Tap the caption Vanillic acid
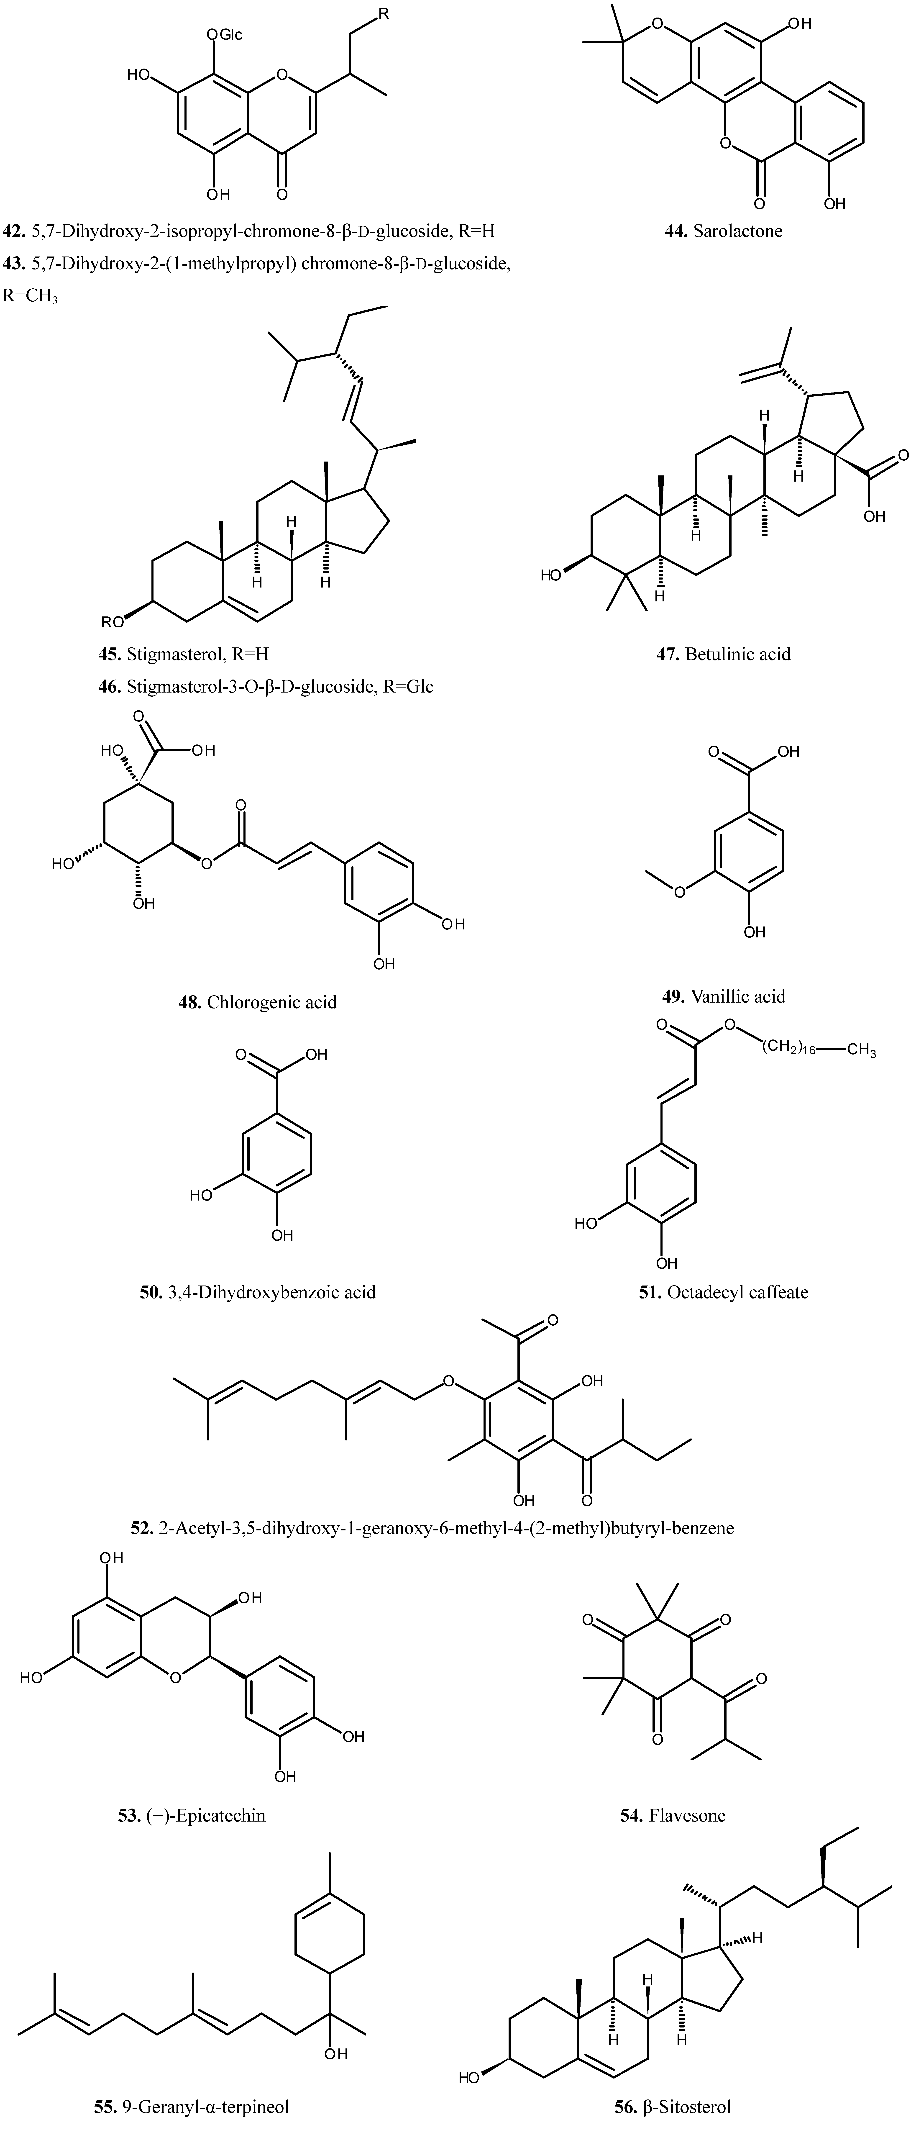point(737,996)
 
